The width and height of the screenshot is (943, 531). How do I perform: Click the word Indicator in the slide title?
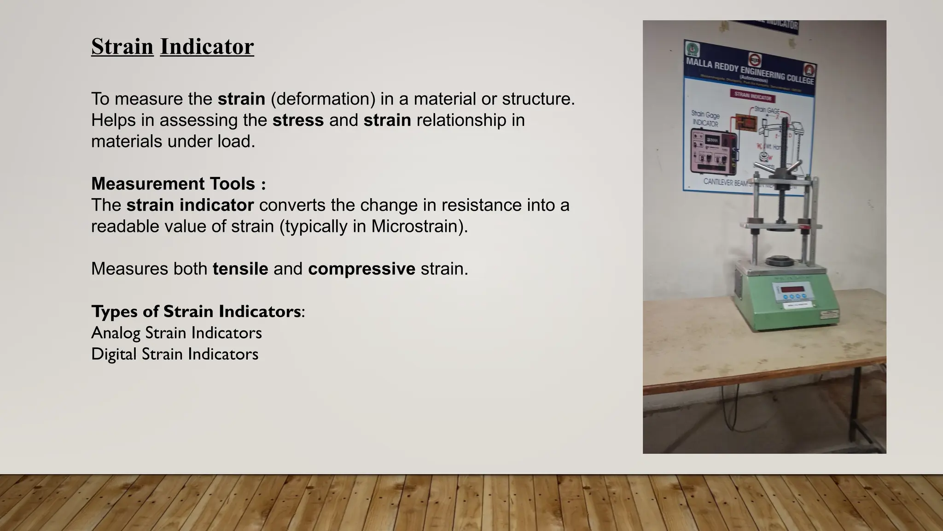tap(207, 47)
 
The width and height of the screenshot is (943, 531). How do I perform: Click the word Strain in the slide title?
tap(122, 47)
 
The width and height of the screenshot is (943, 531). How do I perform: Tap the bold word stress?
tap(298, 120)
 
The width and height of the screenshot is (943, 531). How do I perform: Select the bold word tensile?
tap(240, 269)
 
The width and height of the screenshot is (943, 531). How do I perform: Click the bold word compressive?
tap(361, 269)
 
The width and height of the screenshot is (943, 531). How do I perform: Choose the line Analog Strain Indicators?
tap(176, 333)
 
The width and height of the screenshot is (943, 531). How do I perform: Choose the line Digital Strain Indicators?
tap(175, 354)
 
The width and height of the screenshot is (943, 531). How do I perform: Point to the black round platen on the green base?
tap(778, 261)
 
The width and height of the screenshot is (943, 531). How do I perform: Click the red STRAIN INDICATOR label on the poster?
tap(753, 97)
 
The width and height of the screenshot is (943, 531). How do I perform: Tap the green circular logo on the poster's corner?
tap(692, 49)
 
